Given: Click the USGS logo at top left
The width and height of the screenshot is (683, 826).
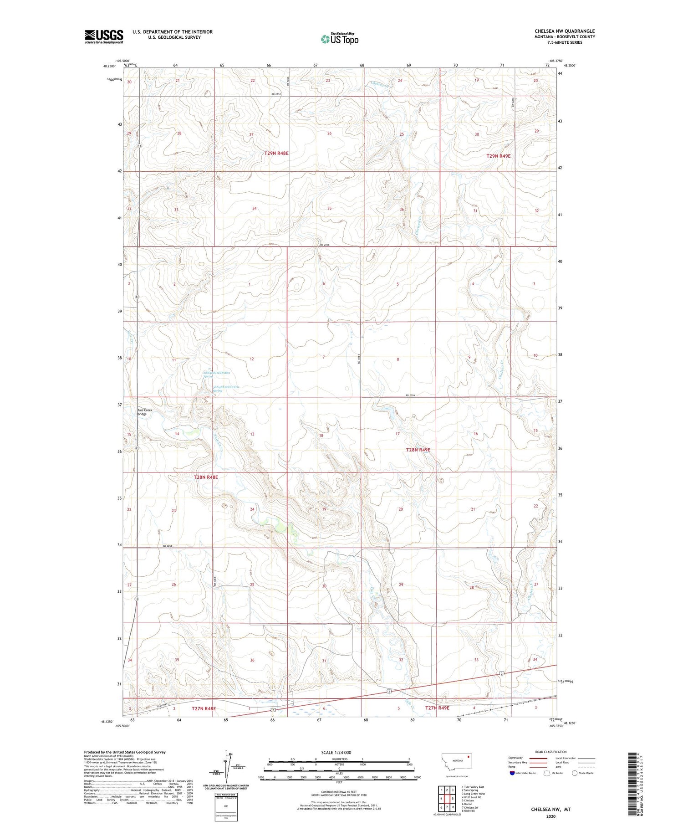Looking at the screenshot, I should pos(104,36).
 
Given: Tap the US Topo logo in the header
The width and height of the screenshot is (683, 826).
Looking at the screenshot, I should pos(340,39).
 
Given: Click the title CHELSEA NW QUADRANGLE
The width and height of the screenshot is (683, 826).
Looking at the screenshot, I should pos(565,31).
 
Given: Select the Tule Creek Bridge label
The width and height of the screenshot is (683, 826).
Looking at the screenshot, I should pos(145,412).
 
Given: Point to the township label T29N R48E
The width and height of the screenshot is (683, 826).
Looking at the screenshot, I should pos(276,154).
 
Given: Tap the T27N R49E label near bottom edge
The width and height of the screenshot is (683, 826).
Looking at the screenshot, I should pos(437,721).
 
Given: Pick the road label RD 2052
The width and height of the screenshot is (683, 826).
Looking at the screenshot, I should pos(276,94).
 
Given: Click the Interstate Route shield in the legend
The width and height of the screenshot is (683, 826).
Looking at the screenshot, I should pos(512,773).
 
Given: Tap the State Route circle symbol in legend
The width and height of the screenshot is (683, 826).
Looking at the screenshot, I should pos(575,773).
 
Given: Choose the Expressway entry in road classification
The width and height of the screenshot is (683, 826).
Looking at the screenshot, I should pos(518,758).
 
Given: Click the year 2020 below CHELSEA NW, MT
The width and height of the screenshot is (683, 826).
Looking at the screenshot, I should pos(550,816).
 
